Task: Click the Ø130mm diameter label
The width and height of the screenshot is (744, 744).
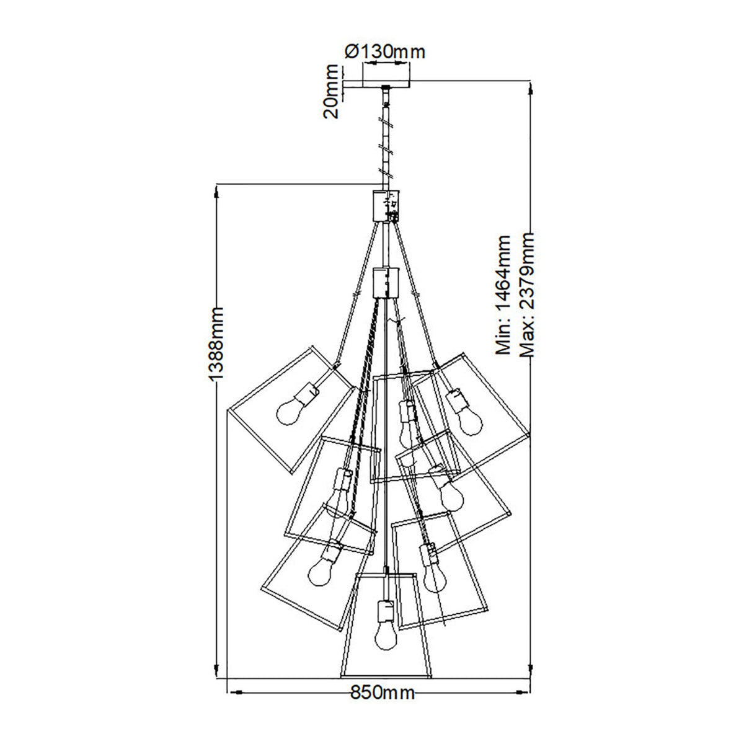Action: pyautogui.click(x=384, y=51)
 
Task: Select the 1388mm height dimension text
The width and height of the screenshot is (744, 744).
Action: pyautogui.click(x=216, y=345)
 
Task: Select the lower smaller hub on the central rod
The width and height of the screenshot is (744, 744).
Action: pyautogui.click(x=385, y=282)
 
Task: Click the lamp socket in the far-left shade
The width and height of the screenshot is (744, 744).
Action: pyautogui.click(x=308, y=393)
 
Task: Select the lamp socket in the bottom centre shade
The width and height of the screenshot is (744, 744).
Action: pyautogui.click(x=385, y=610)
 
